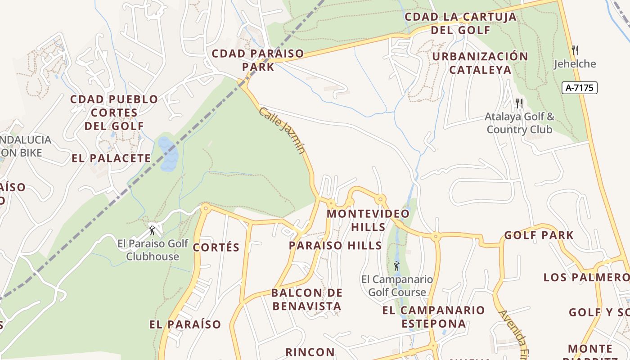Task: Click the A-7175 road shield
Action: pos(579,88)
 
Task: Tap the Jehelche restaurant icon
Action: pos(575,50)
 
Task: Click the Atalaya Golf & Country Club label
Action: pos(519,123)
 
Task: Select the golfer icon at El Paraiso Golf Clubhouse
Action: pos(152,230)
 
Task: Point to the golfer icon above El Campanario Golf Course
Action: pos(396,266)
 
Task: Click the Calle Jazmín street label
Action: pos(282,130)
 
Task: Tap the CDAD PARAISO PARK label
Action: pos(258,60)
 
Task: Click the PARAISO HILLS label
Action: pos(335,245)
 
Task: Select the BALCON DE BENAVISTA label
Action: pos(306,300)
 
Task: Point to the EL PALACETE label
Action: pos(111,158)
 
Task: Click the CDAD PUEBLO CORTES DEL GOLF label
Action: pos(114,112)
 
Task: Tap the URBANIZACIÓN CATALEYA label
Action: pos(480,63)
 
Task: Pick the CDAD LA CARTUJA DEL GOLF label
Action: pos(460,23)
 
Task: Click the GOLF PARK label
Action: pos(539,235)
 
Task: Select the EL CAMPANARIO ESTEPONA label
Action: pos(433,317)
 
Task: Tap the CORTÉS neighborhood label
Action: pos(216,247)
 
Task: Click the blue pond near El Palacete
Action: pos(168,154)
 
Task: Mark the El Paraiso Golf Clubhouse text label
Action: pos(153,250)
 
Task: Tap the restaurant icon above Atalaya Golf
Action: pos(519,103)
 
